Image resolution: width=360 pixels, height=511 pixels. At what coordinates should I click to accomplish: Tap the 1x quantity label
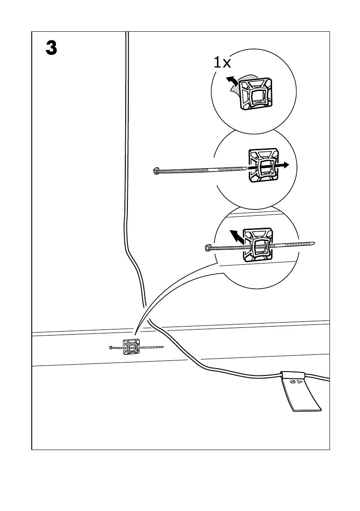[x=222, y=63]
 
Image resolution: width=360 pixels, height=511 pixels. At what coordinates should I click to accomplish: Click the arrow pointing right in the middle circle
[x=282, y=165]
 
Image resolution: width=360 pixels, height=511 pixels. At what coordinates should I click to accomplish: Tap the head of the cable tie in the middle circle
[x=156, y=171]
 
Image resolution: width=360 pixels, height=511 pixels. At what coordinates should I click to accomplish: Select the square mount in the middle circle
[x=263, y=166]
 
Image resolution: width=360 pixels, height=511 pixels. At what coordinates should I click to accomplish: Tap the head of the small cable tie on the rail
[x=111, y=348]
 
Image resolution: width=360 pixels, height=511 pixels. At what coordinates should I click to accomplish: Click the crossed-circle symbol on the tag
[x=293, y=381]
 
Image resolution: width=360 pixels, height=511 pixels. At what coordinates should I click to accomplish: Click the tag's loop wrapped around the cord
[x=293, y=374]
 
